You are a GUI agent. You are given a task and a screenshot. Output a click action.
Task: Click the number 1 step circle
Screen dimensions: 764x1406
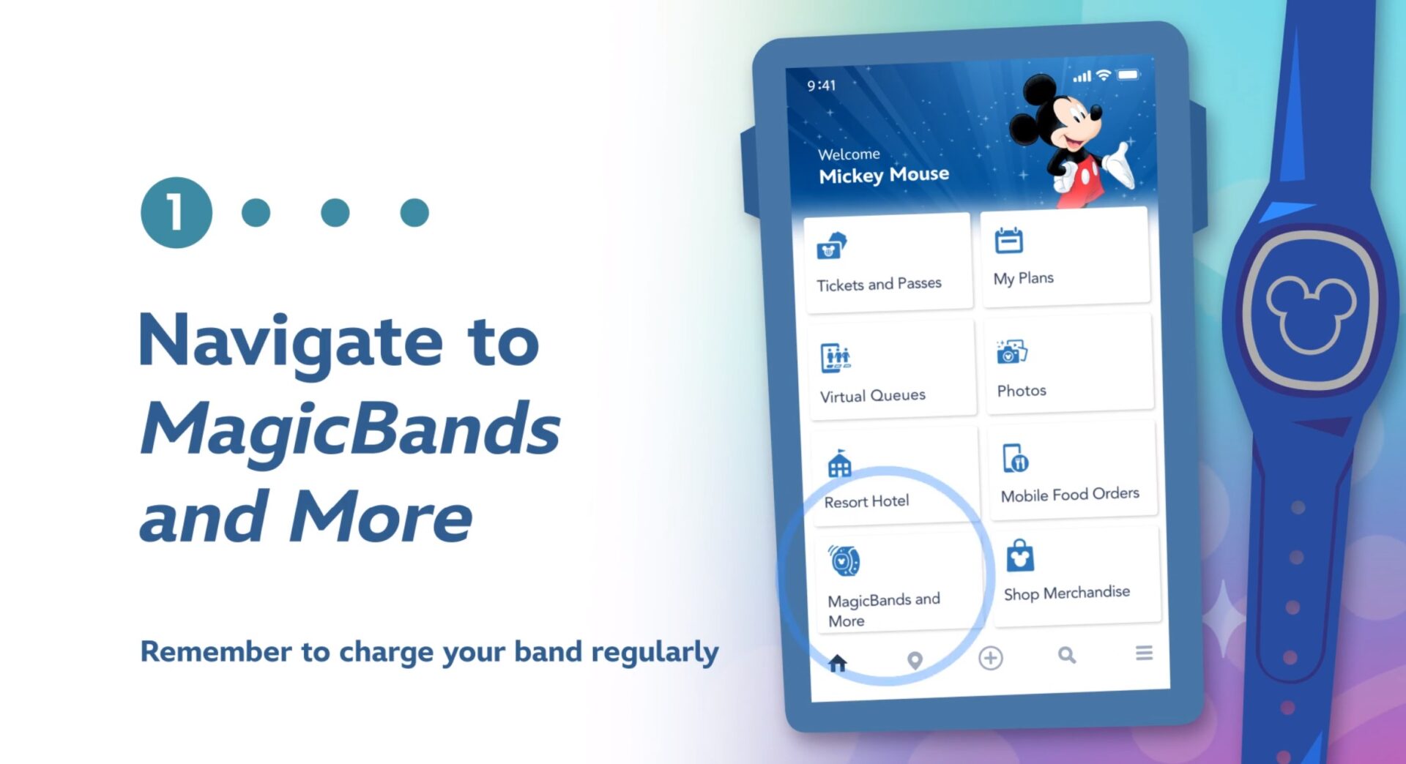pos(176,212)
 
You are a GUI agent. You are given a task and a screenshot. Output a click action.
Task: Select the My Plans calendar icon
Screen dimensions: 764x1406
pos(1008,241)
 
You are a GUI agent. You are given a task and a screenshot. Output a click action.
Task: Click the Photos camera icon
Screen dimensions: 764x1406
pos(1011,352)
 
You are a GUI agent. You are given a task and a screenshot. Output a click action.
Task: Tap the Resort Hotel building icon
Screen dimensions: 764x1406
pos(839,464)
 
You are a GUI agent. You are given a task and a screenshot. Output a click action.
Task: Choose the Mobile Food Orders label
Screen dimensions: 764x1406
pos(1070,495)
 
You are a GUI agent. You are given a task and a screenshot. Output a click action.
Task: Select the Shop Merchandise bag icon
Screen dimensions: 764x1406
pos(1019,556)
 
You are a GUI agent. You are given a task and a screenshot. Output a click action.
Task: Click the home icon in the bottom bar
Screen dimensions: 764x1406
pos(838,663)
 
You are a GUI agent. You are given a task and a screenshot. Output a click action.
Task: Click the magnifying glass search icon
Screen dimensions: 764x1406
pos(1067,655)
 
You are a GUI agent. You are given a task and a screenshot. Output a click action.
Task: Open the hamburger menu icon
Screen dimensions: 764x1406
pos(1144,652)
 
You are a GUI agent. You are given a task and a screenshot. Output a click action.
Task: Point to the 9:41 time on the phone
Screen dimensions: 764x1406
pos(821,86)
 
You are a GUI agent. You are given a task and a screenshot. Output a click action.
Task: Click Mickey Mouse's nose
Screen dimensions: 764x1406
pos(1096,112)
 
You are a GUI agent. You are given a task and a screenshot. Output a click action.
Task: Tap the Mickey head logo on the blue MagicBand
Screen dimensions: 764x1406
pos(1310,311)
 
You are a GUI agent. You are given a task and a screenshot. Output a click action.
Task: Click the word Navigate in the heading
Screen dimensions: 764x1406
pos(291,341)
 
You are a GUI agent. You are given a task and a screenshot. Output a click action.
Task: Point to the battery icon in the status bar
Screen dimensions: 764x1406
pos(1128,75)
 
